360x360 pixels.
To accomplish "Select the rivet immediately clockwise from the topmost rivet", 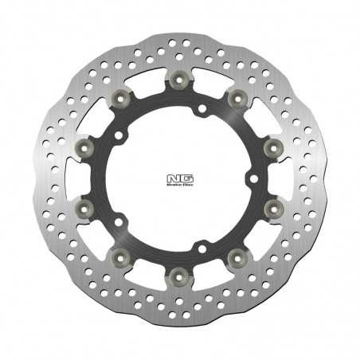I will [x=236, y=97].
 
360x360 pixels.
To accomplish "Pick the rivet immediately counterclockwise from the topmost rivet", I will [x=121, y=97].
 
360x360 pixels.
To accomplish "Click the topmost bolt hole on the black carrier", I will [x=202, y=107].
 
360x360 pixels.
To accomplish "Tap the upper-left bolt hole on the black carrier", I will [x=119, y=136].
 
